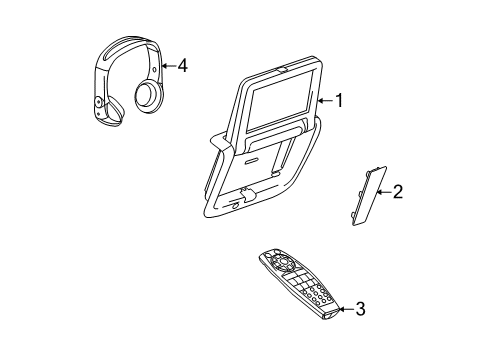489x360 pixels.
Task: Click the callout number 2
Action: click(397, 190)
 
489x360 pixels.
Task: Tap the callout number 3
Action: click(360, 310)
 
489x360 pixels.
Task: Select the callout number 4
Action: click(182, 66)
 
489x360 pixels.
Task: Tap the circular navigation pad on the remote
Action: click(280, 265)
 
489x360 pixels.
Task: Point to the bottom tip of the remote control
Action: click(330, 317)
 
